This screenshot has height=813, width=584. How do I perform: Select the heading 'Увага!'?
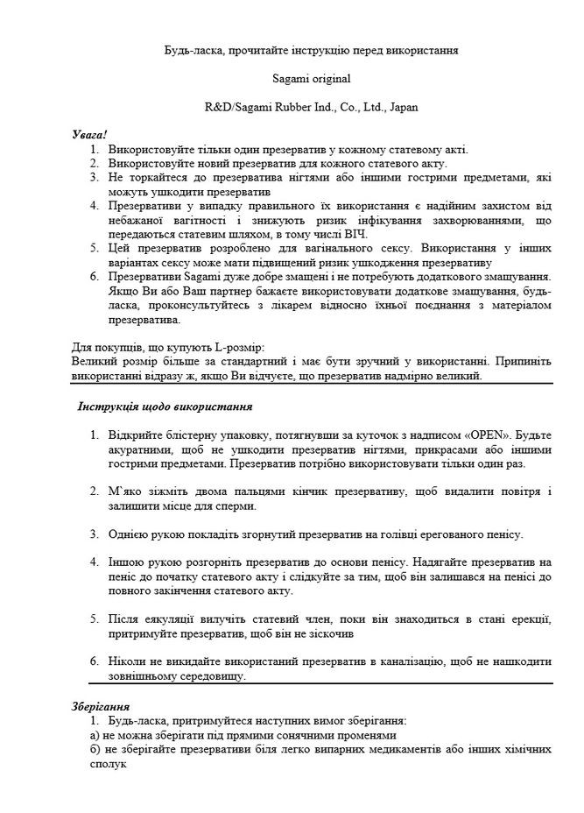[89, 135]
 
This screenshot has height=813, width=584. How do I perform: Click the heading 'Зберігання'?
[100, 705]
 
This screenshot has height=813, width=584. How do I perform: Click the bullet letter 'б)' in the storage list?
[74, 750]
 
